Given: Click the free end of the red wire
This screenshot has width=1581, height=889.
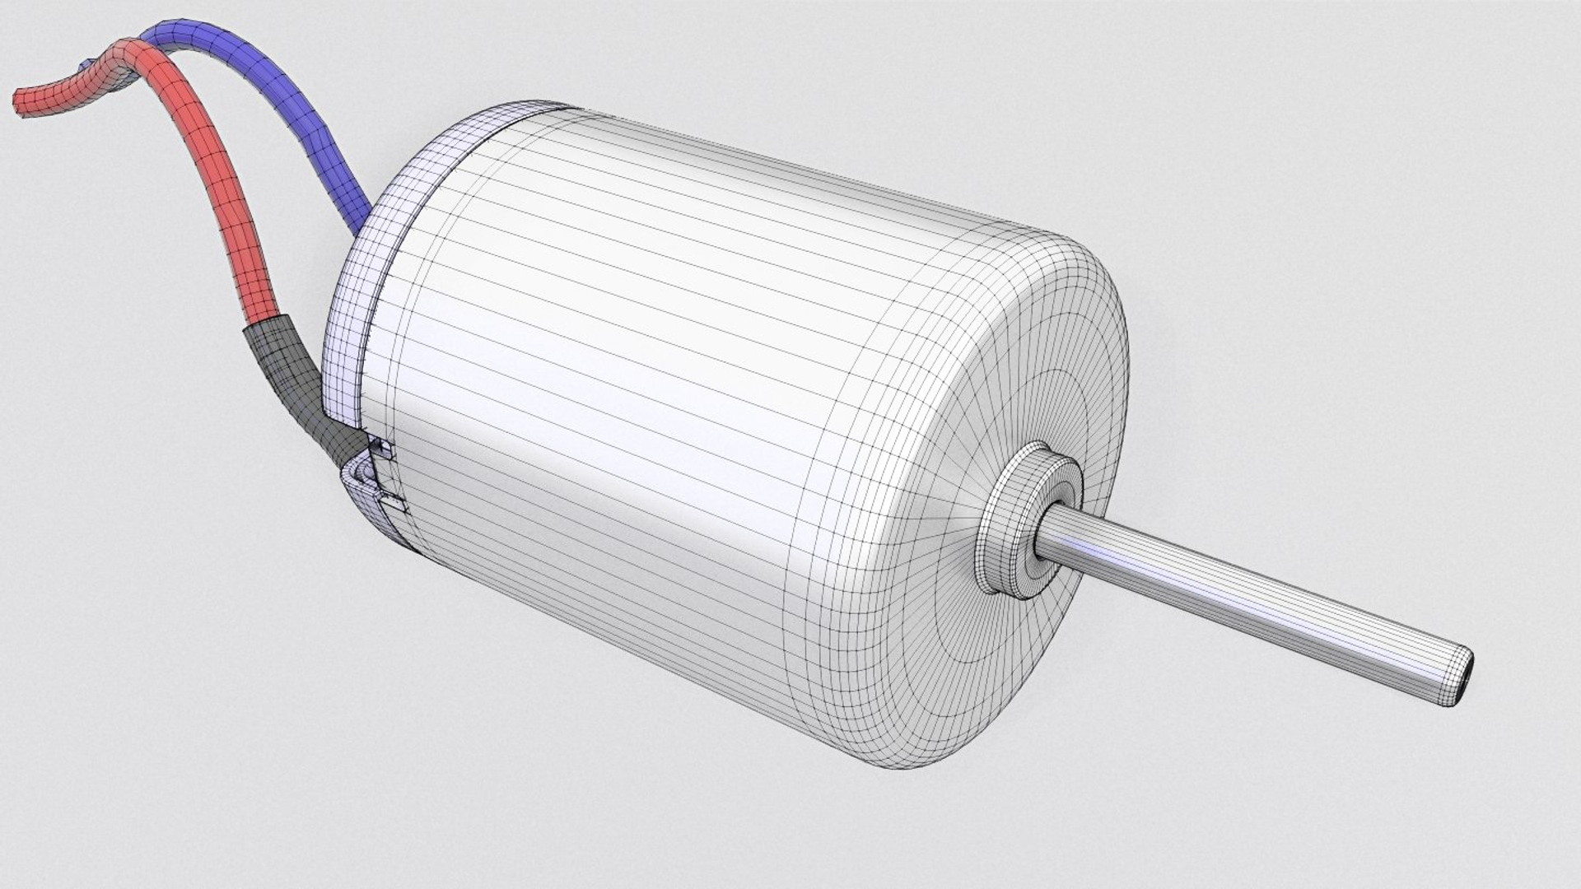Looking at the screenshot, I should [23, 100].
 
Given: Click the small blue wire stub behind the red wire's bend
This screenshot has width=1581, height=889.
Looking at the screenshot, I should [86, 64].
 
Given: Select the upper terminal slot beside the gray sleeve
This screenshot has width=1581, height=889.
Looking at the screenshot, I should [382, 449].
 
